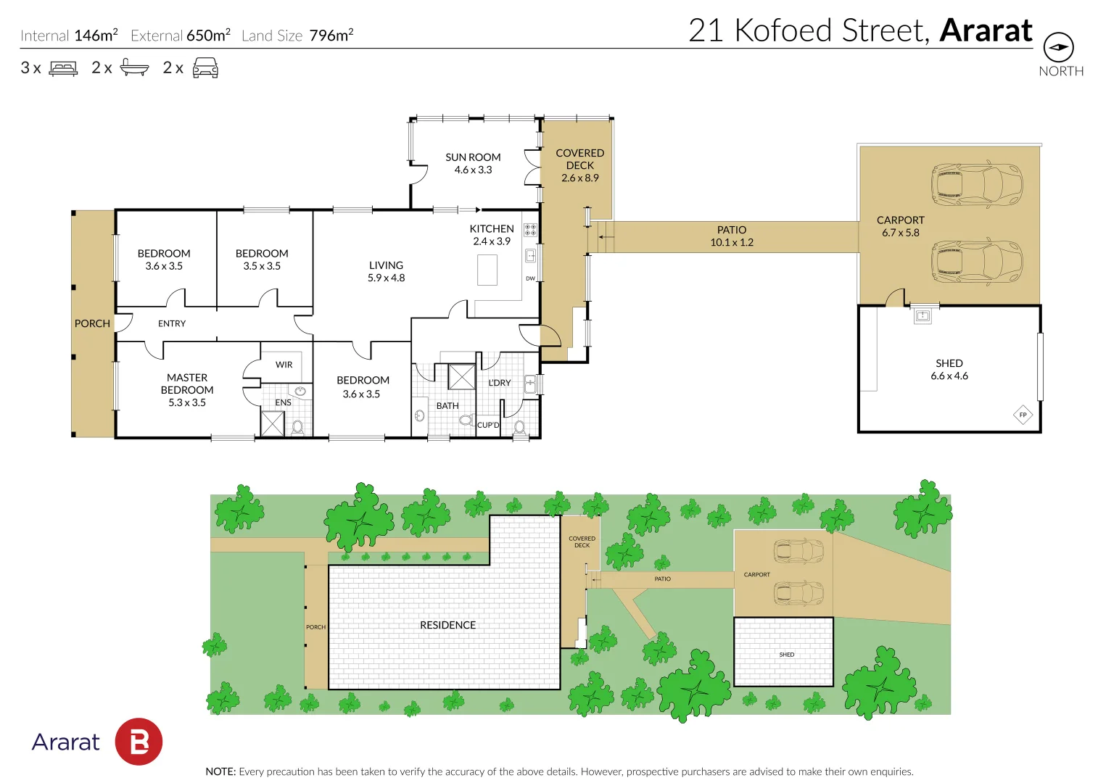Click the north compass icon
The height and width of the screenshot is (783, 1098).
point(1058,48)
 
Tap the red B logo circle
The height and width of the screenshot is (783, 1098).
point(139,742)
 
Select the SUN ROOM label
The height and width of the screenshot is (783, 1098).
point(473,157)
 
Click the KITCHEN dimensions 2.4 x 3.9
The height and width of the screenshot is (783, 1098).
point(492,241)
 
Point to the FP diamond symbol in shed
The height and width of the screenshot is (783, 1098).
point(1023,415)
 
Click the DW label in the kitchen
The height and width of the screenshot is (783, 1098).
point(530,278)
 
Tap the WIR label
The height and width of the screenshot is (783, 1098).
point(284,365)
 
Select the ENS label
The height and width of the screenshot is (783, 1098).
point(283,402)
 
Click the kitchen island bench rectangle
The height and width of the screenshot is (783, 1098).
point(487,270)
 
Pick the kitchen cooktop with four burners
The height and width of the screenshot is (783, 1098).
point(530,230)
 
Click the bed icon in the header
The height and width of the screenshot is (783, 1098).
point(63,69)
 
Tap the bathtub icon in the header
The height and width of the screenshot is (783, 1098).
point(134,68)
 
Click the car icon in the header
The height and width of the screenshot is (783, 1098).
point(205,68)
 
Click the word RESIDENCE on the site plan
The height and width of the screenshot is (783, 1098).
point(447,625)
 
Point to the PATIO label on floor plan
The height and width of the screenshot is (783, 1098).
point(731,230)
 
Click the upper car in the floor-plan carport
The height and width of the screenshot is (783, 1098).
point(977,185)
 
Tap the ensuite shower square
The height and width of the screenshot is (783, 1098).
point(273,423)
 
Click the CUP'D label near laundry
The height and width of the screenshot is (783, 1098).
point(488,425)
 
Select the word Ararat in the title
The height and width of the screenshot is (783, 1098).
point(986,31)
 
